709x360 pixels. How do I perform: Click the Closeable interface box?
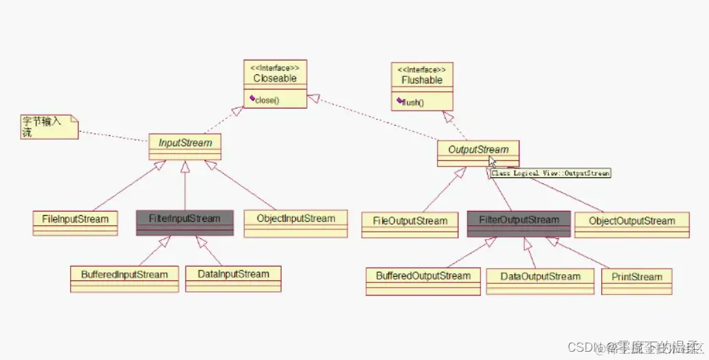click(x=275, y=78)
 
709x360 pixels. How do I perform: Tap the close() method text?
click(x=267, y=100)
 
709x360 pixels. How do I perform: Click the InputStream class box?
click(x=185, y=144)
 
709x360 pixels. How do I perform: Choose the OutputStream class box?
click(x=478, y=150)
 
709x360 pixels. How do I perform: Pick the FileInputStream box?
click(x=76, y=220)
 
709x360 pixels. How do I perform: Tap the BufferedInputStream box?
click(x=124, y=275)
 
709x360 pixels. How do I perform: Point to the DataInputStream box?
click(x=233, y=275)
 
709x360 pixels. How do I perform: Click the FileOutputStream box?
click(x=409, y=222)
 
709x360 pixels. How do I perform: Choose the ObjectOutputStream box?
click(x=631, y=222)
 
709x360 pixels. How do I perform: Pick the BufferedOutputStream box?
click(x=423, y=277)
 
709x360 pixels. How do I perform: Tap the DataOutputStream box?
click(x=540, y=278)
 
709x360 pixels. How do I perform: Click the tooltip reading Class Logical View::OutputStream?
click(x=550, y=174)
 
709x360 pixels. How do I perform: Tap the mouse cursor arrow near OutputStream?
click(x=492, y=161)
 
